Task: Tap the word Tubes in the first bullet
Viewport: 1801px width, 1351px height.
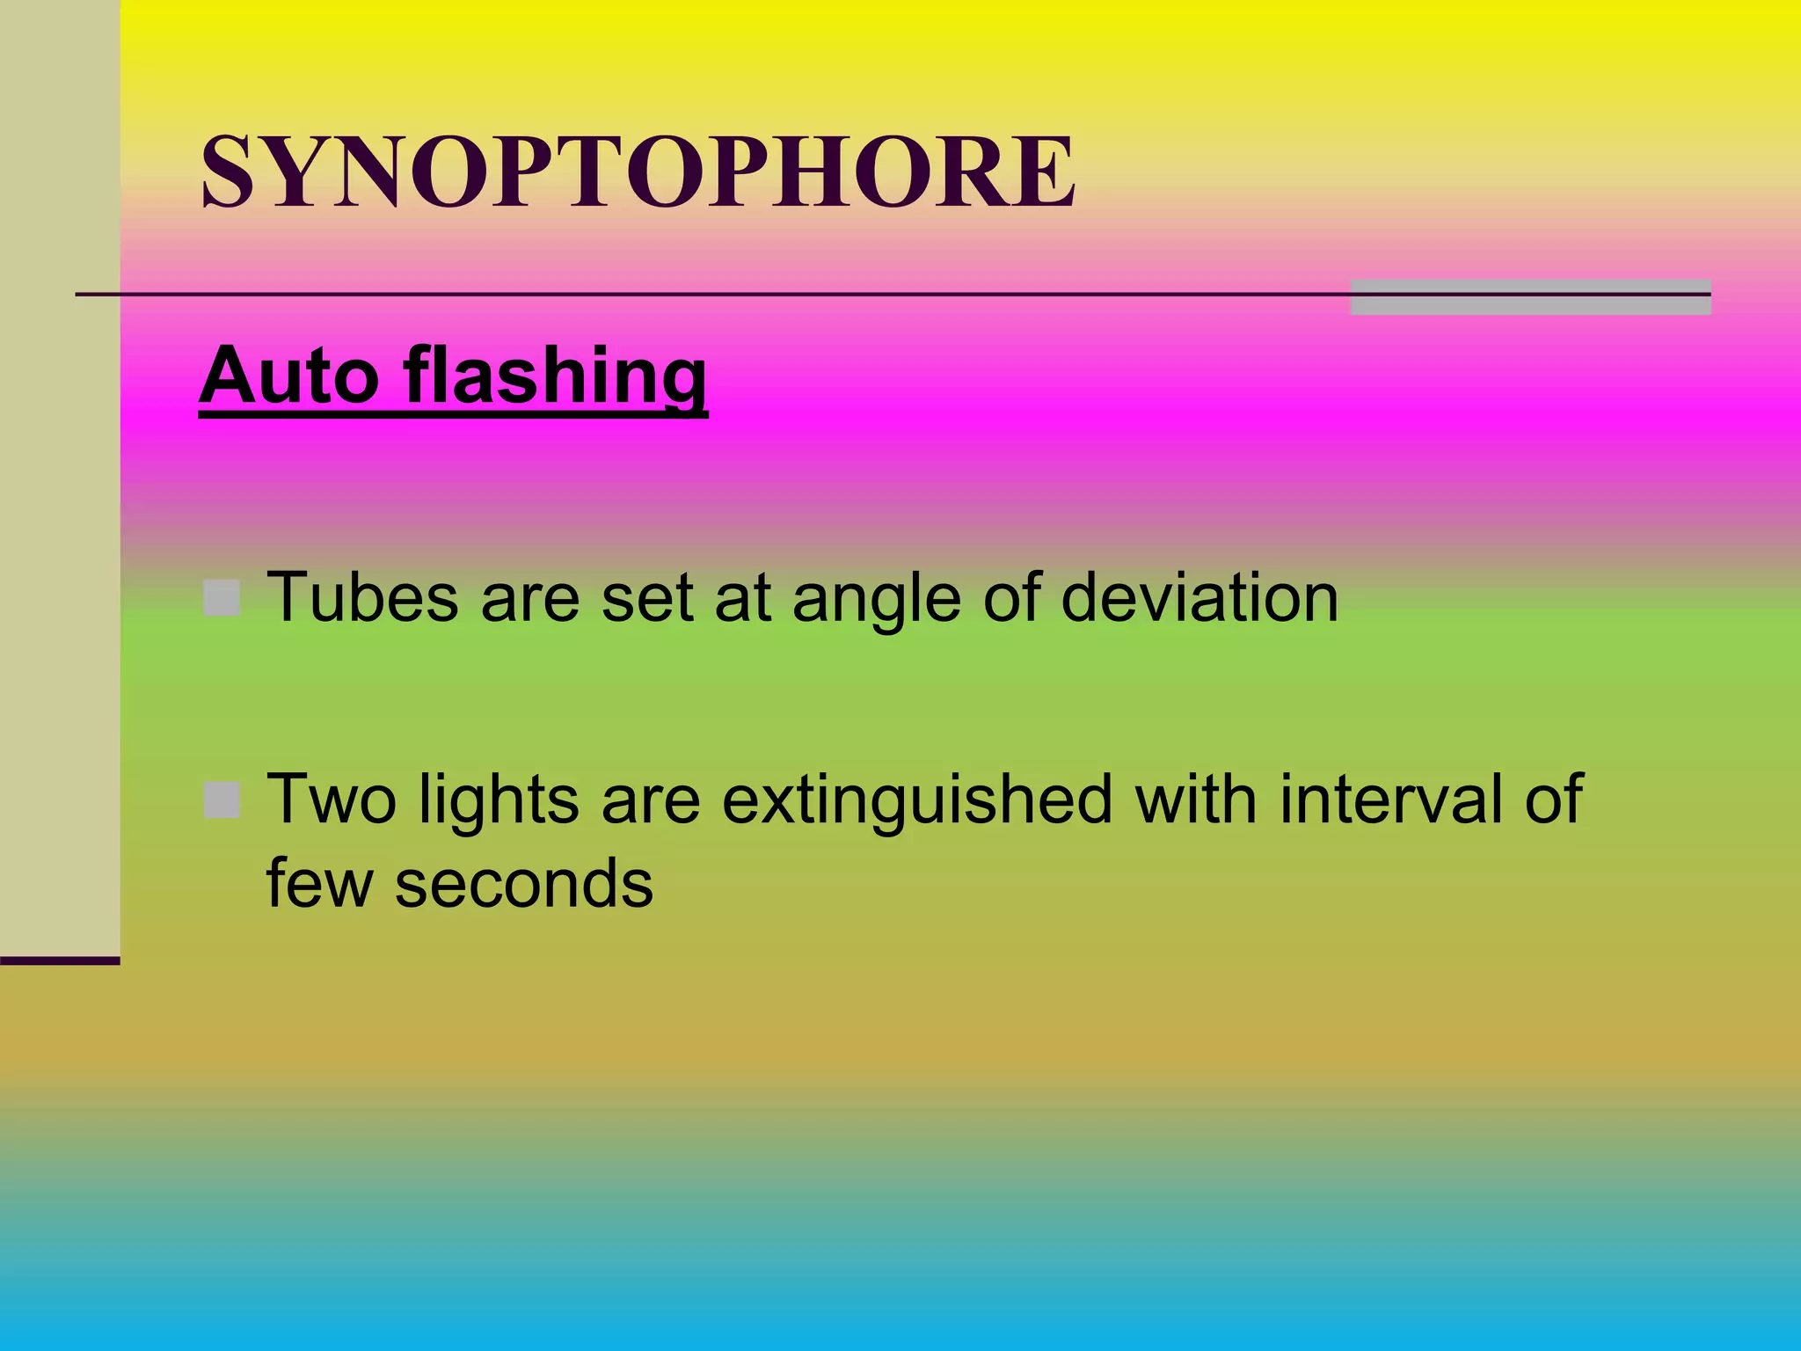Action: click(362, 598)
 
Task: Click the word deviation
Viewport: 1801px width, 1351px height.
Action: click(1199, 598)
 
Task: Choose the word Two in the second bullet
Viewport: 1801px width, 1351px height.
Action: click(332, 800)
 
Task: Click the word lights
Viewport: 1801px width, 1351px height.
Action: click(499, 800)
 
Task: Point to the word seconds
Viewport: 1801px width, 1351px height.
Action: click(524, 884)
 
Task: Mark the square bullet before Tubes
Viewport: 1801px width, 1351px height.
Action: click(222, 598)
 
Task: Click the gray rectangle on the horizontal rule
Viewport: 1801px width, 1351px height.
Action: click(1530, 297)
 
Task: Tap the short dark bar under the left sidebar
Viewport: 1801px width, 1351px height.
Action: click(60, 960)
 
